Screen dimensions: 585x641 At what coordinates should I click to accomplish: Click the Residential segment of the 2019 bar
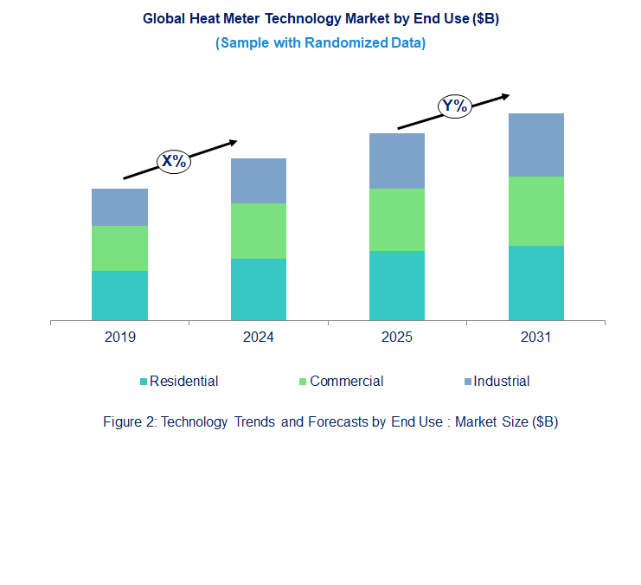(119, 295)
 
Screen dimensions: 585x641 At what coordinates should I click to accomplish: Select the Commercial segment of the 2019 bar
(119, 248)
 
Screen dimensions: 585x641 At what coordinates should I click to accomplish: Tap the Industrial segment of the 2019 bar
(119, 207)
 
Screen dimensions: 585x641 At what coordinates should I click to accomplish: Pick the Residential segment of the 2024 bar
(258, 289)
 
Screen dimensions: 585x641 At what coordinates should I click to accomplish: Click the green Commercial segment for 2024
(258, 231)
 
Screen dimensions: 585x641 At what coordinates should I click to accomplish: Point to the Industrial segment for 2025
(397, 161)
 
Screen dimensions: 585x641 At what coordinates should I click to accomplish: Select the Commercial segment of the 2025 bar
(397, 220)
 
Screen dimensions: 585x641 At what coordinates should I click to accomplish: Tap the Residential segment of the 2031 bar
(535, 283)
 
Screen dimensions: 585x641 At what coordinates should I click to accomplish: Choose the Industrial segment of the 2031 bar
(535, 145)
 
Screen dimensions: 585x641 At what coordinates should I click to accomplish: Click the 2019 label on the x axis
(119, 337)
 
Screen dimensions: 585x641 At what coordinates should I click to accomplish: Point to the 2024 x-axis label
(258, 337)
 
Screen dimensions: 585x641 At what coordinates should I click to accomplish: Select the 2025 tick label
(397, 337)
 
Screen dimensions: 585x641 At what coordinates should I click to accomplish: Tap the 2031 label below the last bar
(535, 337)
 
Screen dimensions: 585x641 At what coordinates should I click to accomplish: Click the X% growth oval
(173, 160)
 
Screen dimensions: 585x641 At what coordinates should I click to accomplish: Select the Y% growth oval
(453, 106)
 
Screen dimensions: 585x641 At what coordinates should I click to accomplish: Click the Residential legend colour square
(144, 382)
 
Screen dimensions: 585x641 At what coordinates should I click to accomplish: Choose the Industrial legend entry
(496, 382)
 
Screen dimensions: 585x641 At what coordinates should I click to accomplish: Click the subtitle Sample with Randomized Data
(320, 42)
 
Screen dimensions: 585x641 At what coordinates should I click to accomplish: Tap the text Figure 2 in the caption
(130, 422)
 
